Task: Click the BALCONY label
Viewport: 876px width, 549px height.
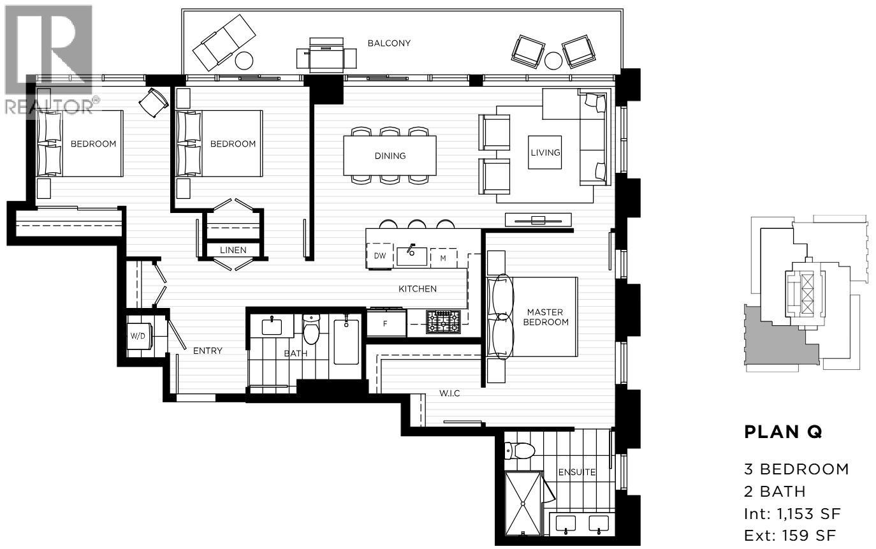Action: [388, 43]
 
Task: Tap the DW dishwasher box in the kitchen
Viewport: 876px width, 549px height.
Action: [379, 256]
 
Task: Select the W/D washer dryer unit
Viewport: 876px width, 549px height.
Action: [138, 336]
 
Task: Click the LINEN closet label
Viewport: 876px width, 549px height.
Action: [233, 250]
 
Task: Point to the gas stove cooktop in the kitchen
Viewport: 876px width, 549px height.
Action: [443, 322]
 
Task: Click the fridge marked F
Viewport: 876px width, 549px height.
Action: [386, 323]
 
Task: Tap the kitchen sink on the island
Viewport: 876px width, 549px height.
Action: [412, 255]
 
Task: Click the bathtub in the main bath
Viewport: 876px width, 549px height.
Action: [346, 342]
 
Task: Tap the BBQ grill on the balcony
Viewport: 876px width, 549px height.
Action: [326, 54]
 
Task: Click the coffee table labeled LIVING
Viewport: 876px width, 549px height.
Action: [545, 152]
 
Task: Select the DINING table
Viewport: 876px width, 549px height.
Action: [390, 156]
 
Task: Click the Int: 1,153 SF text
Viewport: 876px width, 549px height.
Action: [792, 513]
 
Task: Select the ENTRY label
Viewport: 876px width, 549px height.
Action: [208, 351]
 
